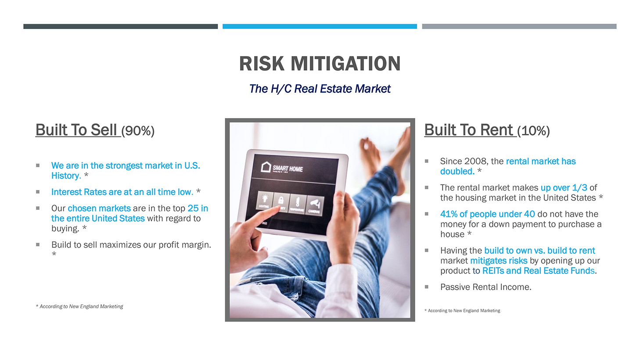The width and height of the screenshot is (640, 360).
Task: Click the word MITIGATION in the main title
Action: [345, 63]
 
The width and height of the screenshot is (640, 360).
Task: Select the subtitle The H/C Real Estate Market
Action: [320, 89]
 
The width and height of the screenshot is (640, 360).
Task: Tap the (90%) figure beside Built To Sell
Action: [138, 131]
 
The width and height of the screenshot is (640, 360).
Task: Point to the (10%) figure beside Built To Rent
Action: [533, 131]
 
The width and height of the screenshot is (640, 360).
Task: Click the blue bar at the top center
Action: [320, 26]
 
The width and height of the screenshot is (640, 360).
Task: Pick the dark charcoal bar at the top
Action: [121, 26]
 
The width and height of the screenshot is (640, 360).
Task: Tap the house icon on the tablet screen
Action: [266, 167]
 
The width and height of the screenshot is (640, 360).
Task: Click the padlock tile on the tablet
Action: [281, 202]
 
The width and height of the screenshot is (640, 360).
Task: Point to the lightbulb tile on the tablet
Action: [265, 200]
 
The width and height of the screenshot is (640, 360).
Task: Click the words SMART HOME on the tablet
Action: [288, 169]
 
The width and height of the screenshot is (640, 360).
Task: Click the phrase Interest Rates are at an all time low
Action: [122, 192]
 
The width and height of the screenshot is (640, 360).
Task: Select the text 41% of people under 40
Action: [487, 214]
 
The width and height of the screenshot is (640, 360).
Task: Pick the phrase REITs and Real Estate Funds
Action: [538, 270]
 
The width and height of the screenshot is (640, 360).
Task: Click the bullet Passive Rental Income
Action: [486, 287]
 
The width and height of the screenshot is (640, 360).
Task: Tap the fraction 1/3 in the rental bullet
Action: [579, 188]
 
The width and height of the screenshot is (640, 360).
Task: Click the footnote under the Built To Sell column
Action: [79, 306]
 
